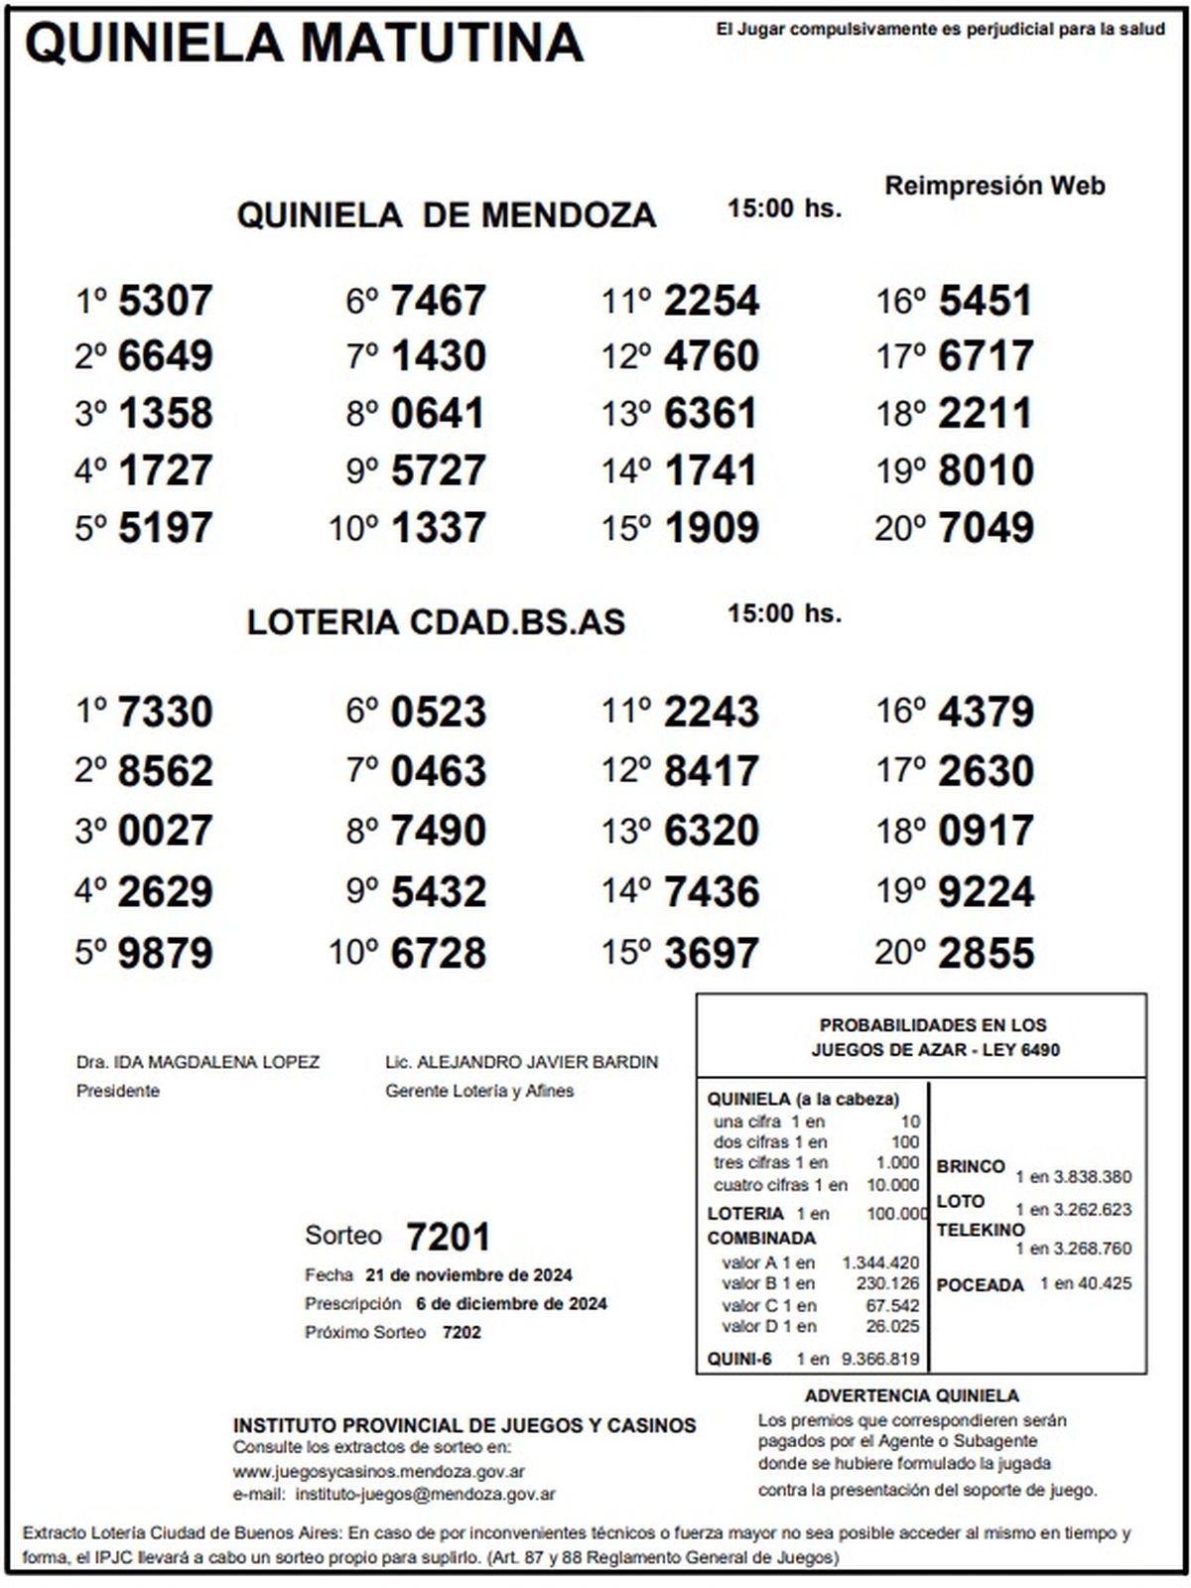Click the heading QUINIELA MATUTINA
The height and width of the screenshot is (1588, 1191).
(304, 44)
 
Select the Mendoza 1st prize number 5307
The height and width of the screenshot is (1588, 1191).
(165, 301)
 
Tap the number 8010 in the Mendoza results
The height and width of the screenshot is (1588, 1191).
(986, 470)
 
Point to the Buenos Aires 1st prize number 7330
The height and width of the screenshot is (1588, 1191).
(165, 713)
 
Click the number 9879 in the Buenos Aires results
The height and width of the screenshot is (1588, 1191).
(165, 953)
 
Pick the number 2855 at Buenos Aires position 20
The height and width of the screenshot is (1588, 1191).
(986, 953)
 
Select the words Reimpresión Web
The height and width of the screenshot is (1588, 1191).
(994, 186)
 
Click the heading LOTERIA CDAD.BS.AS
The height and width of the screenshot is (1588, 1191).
(436, 622)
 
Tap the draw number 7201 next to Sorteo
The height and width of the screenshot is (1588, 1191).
(449, 1238)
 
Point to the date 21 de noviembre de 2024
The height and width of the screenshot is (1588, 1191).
(468, 1275)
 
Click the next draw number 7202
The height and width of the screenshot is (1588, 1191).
(462, 1332)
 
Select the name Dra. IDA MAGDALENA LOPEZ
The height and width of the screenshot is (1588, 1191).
(198, 1062)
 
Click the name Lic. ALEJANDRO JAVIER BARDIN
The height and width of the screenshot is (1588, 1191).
(521, 1062)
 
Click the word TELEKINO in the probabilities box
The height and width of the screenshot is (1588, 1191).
(981, 1230)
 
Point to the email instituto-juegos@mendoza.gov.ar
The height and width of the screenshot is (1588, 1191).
(426, 1494)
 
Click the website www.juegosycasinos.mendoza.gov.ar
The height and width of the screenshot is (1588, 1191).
(379, 1472)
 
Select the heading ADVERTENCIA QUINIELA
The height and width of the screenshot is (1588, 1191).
(911, 1396)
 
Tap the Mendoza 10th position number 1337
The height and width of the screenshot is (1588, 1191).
(438, 528)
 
